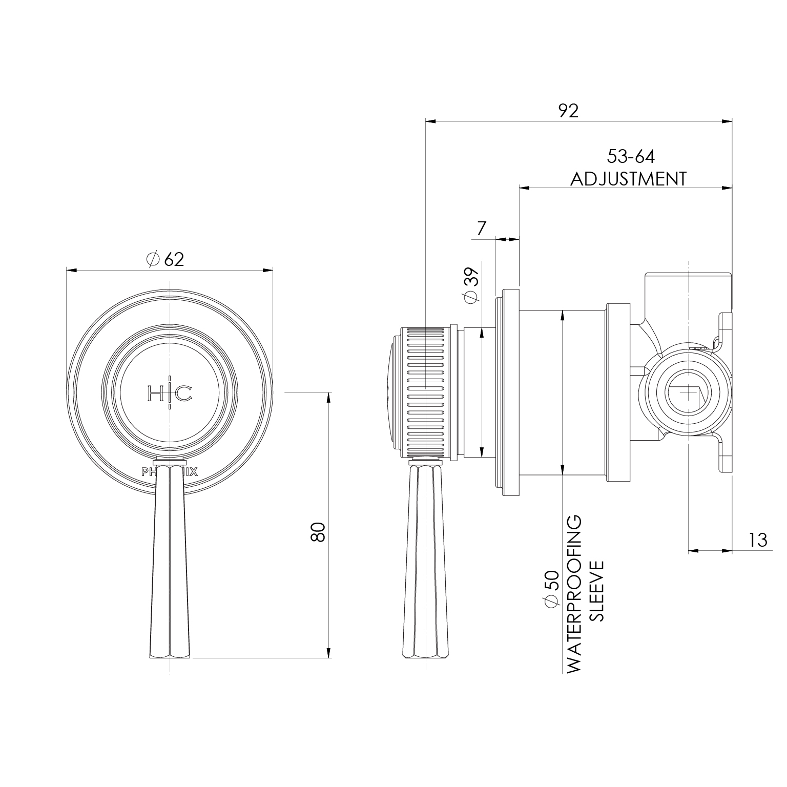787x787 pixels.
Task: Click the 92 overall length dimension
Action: pyautogui.click(x=568, y=111)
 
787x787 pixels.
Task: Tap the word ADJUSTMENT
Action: pyautogui.click(x=628, y=179)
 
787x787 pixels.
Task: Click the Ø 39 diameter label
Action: pyautogui.click(x=470, y=285)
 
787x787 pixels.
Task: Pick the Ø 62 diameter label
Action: pyautogui.click(x=165, y=259)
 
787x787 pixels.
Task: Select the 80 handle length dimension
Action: pyautogui.click(x=318, y=532)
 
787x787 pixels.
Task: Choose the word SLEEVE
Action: pyautogui.click(x=597, y=591)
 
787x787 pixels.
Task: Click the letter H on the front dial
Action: pyautogui.click(x=155, y=393)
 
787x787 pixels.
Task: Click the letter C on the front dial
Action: pyautogui.click(x=184, y=393)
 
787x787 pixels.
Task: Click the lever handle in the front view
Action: pyautogui.click(x=170, y=564)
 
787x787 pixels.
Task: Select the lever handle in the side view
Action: pyautogui.click(x=427, y=564)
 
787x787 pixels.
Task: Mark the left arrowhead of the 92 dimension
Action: pyautogui.click(x=431, y=121)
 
